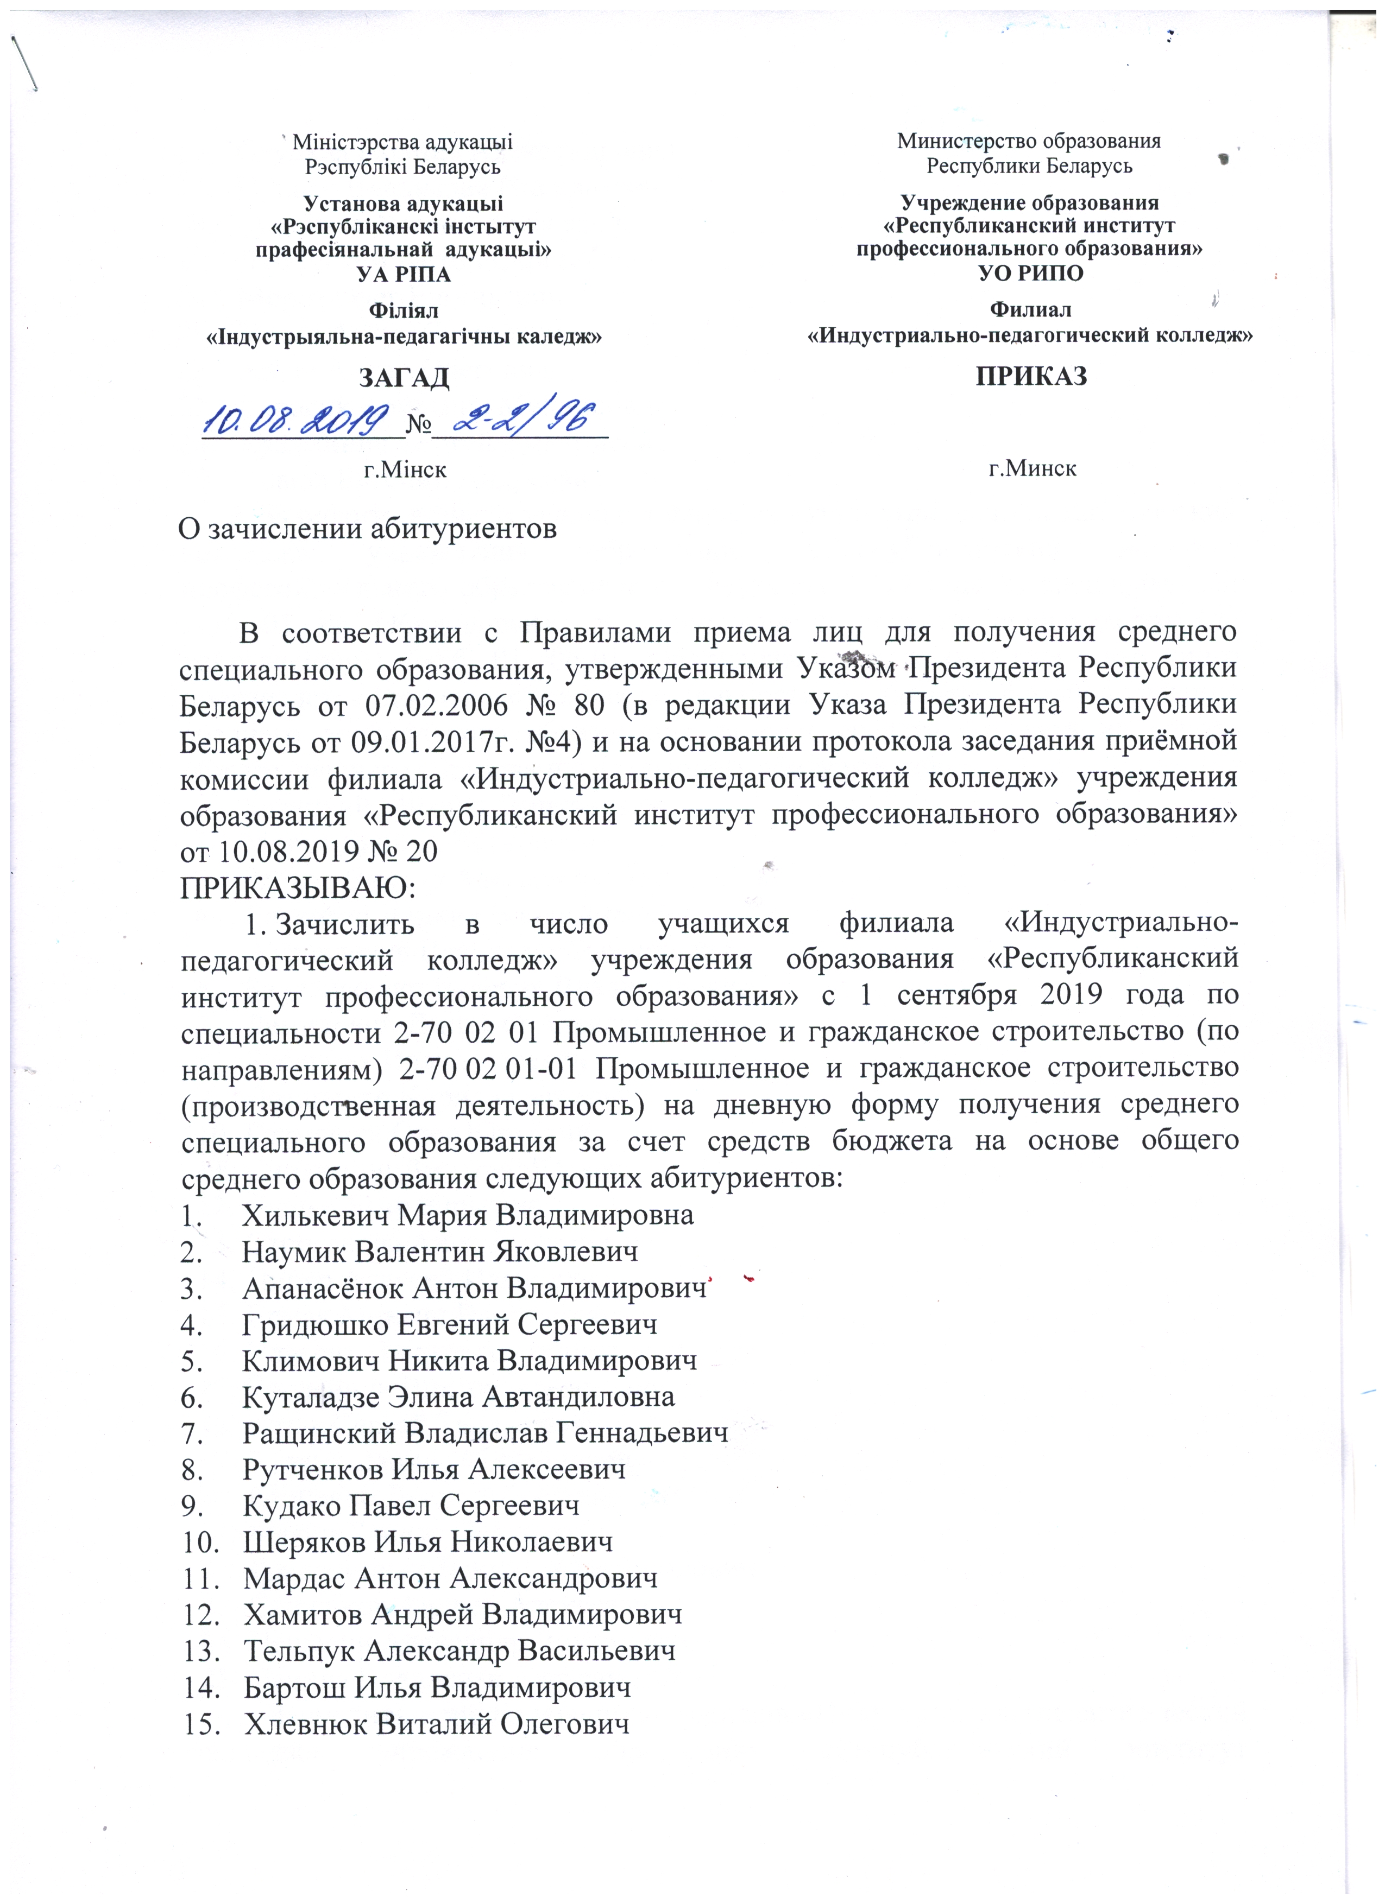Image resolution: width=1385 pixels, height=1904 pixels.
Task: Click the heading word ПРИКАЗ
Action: [x=1031, y=376]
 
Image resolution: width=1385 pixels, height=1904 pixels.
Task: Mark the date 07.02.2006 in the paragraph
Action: [x=436, y=705]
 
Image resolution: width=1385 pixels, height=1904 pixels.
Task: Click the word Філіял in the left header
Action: [x=404, y=310]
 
